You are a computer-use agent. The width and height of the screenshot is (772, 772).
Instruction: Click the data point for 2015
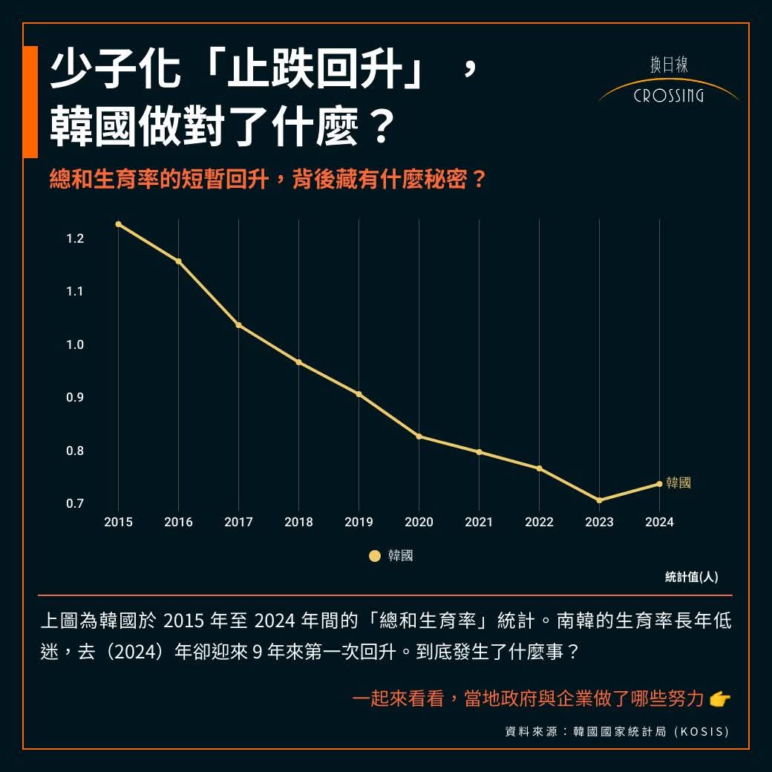(118, 224)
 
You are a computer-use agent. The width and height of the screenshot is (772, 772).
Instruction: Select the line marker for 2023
(599, 500)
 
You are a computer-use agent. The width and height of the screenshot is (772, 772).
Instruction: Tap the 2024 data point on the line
(659, 484)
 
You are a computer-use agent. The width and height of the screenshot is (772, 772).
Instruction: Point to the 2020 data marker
(419, 436)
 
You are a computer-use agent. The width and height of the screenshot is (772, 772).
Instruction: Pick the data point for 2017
(238, 325)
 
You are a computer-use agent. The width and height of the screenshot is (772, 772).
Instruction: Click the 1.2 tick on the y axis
(75, 238)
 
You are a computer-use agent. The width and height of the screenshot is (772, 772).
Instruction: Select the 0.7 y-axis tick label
(75, 504)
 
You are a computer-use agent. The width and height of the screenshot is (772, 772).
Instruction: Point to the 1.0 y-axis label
(75, 344)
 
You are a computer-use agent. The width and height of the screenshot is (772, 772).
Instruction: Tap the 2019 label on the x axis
(359, 523)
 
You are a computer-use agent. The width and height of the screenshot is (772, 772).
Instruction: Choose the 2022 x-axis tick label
(539, 523)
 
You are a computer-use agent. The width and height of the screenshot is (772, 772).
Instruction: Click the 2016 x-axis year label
(178, 523)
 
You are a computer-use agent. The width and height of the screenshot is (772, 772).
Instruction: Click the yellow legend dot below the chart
(375, 556)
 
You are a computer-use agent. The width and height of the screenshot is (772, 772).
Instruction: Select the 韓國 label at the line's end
(678, 483)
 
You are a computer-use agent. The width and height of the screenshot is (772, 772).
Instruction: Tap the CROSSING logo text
(669, 96)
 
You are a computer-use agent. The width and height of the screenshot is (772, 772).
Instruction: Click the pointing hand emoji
(720, 699)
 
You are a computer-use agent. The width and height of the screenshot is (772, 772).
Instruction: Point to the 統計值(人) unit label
(691, 577)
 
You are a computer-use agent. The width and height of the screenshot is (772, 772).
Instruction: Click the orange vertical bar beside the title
(30, 102)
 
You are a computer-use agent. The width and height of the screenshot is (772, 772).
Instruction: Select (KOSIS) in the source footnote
(701, 732)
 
